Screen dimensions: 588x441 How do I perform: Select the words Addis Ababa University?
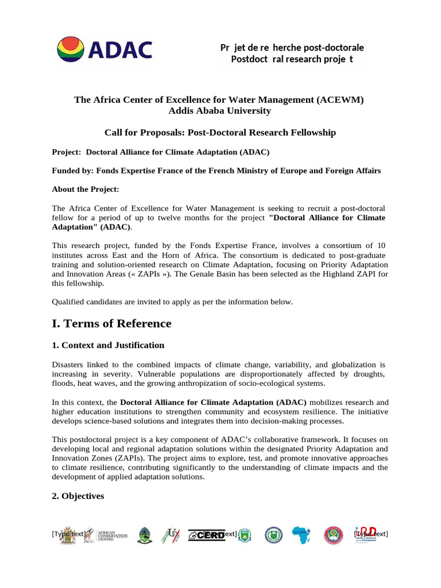(220, 110)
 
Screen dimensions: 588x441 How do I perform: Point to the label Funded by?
(72, 171)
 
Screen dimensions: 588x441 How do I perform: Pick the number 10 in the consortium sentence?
(380, 246)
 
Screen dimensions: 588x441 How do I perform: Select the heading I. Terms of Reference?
(111, 323)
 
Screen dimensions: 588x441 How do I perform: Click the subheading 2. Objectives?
(78, 496)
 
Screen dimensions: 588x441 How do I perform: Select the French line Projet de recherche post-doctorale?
(292, 47)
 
